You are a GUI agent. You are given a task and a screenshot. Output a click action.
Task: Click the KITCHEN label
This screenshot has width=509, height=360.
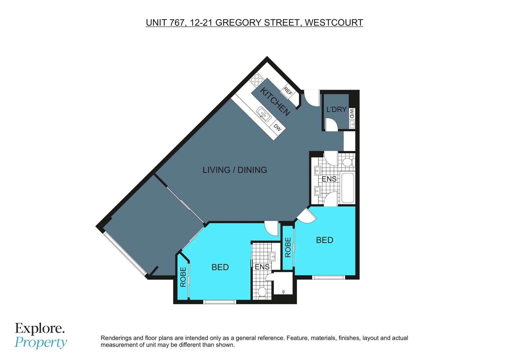click(275, 101)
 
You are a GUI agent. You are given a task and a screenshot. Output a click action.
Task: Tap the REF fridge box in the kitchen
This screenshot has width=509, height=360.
click(288, 91)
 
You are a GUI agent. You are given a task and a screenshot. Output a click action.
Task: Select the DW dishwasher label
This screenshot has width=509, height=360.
click(277, 127)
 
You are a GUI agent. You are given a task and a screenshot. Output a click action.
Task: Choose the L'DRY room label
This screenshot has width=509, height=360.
click(336, 109)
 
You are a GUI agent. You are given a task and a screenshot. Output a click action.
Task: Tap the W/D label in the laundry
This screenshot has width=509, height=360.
click(352, 114)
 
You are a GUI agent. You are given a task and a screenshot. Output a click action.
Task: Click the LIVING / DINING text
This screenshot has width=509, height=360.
click(235, 170)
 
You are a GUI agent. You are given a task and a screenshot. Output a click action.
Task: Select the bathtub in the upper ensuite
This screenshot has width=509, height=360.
click(348, 188)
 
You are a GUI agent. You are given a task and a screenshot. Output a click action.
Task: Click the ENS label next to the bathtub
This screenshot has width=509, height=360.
click(329, 179)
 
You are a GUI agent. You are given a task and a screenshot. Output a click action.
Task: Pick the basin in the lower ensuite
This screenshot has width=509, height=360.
click(272, 256)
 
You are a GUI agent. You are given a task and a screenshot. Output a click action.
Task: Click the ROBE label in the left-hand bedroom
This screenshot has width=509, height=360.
click(183, 277)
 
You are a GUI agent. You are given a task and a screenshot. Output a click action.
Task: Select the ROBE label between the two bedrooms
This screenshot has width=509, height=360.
click(288, 247)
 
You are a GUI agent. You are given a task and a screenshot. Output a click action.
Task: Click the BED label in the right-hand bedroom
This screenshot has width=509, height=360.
click(324, 240)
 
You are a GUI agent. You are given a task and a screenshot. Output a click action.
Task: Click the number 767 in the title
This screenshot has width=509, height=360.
click(177, 23)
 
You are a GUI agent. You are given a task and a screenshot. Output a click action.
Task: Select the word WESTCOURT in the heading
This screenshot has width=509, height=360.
click(334, 23)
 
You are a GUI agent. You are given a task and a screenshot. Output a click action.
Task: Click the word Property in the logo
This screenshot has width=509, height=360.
click(41, 342)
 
